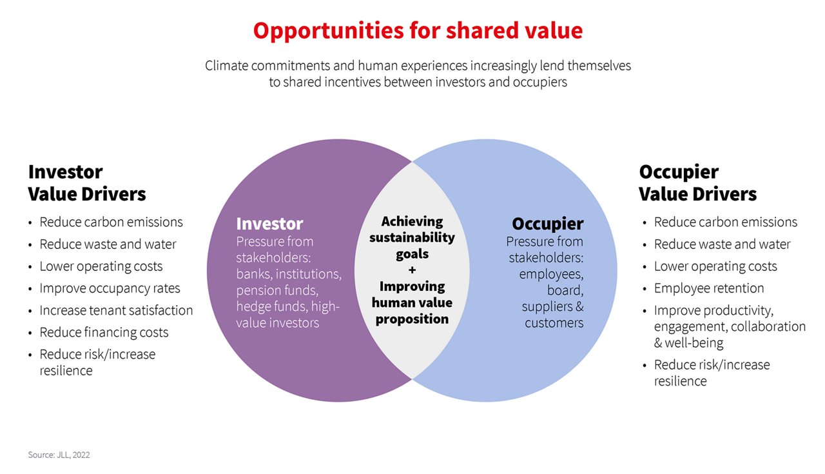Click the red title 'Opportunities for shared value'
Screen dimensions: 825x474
[x=418, y=30]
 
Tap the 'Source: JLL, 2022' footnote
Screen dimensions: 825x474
[x=59, y=455]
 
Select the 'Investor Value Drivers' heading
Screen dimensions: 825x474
[x=87, y=183]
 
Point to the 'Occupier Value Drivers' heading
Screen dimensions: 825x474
[x=697, y=183]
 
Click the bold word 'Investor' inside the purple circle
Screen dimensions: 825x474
[x=269, y=224]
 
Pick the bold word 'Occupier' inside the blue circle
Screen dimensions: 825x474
[x=548, y=224]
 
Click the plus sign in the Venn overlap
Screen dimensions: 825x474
[x=412, y=270]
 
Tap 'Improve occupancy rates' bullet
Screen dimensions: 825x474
[x=110, y=288]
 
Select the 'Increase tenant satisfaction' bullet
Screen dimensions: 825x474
[x=116, y=310]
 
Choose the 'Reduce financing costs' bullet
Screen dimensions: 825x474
[x=104, y=332]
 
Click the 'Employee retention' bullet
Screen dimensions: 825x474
[x=709, y=288]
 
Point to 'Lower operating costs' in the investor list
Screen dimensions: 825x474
[x=101, y=266]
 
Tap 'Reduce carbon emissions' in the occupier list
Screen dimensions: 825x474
[x=726, y=222]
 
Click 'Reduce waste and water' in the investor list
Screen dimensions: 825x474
[x=108, y=244]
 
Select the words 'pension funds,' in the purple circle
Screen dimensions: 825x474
[x=277, y=290]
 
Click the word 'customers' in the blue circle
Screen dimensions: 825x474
[x=554, y=323]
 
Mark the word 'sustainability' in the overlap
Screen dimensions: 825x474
[x=412, y=238]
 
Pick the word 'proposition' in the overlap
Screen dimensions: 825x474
[x=412, y=319]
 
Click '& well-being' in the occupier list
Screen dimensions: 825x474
[x=689, y=343]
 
